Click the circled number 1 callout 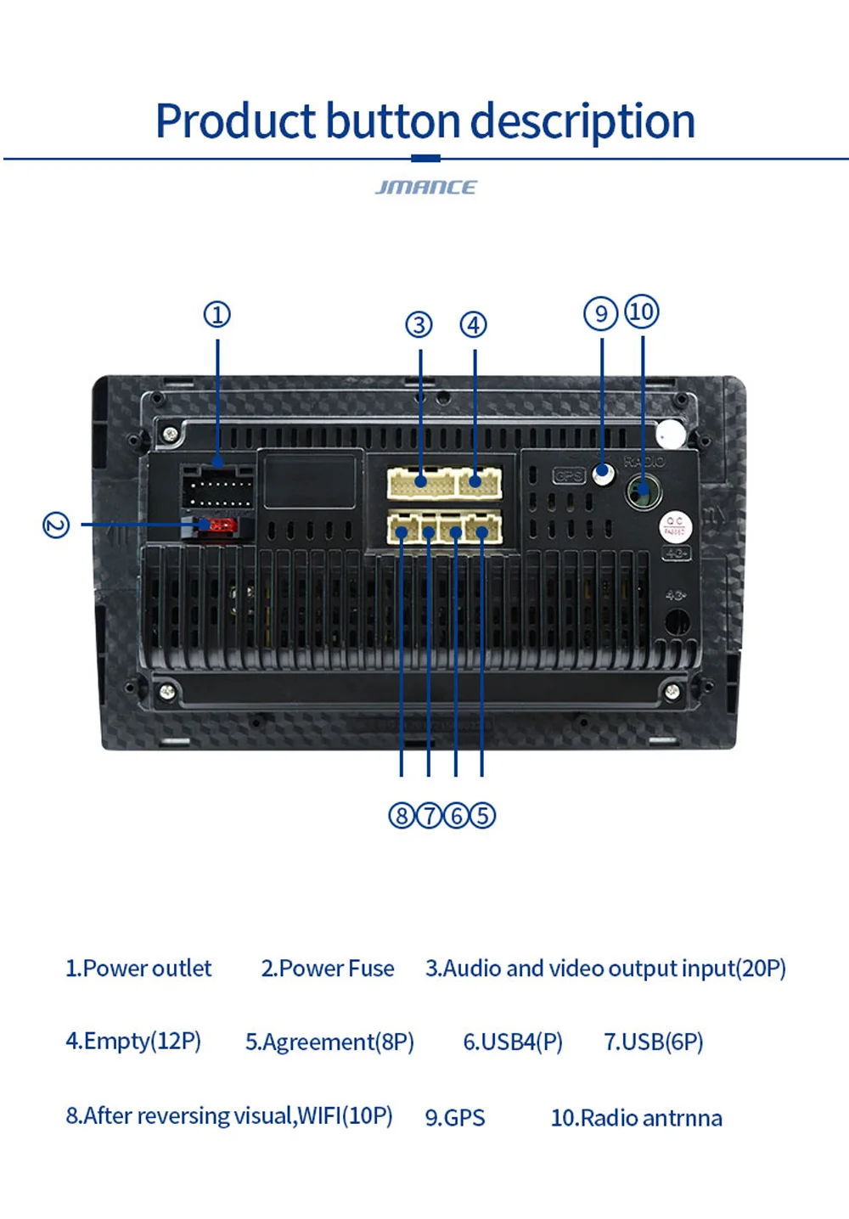click(x=217, y=315)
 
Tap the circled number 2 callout click(x=56, y=525)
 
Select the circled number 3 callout click(x=419, y=324)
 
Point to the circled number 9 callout click(x=601, y=314)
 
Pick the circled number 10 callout click(x=642, y=312)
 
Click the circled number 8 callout click(x=401, y=816)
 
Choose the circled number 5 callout click(x=482, y=816)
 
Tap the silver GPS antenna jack click(x=603, y=473)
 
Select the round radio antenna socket click(x=643, y=491)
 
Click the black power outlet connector click(x=217, y=488)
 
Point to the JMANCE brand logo click(x=425, y=187)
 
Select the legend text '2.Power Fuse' click(x=328, y=969)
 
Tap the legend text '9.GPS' click(x=455, y=1117)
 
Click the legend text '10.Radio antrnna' click(x=637, y=1117)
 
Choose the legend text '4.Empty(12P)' click(x=133, y=1041)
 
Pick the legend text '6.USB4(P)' click(x=513, y=1042)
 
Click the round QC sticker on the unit click(x=675, y=526)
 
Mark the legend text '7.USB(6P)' click(x=654, y=1042)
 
